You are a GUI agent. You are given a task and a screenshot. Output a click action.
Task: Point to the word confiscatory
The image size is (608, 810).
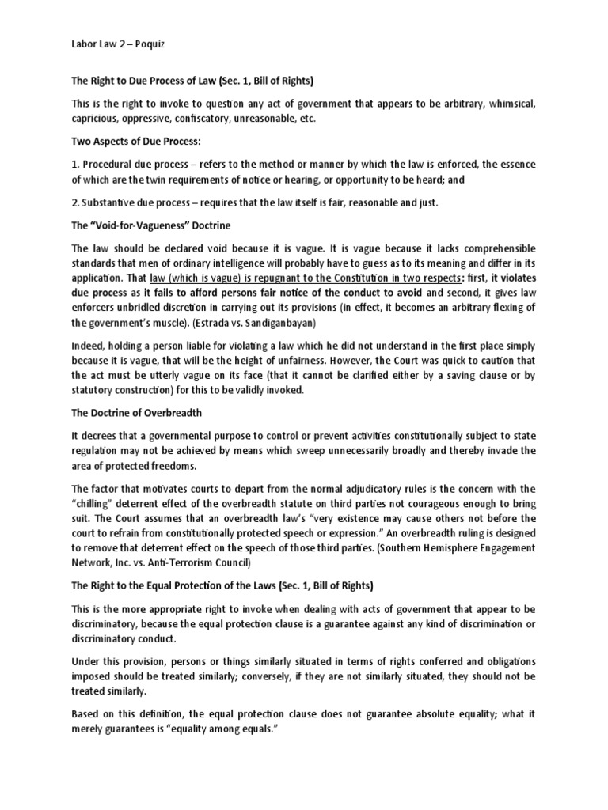[x=199, y=119]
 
